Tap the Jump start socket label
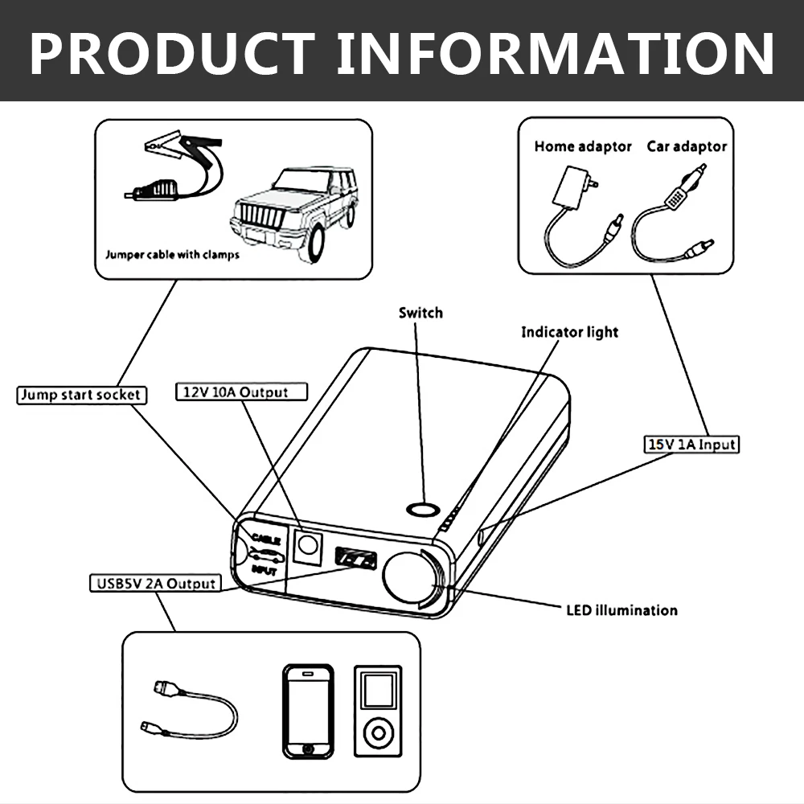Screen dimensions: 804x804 pyautogui.click(x=81, y=395)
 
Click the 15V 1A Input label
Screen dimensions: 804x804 pyautogui.click(x=692, y=444)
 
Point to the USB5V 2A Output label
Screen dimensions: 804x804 pyautogui.click(x=152, y=583)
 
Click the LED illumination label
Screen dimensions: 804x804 pyautogui.click(x=621, y=610)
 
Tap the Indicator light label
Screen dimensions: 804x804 pyautogui.click(x=570, y=332)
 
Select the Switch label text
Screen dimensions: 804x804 pyautogui.click(x=420, y=312)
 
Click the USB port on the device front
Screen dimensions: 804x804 pyautogui.click(x=354, y=556)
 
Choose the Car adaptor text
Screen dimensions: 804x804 pyautogui.click(x=687, y=146)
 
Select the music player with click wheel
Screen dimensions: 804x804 pyautogui.click(x=377, y=712)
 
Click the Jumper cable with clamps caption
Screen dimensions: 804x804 pyautogui.click(x=172, y=256)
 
